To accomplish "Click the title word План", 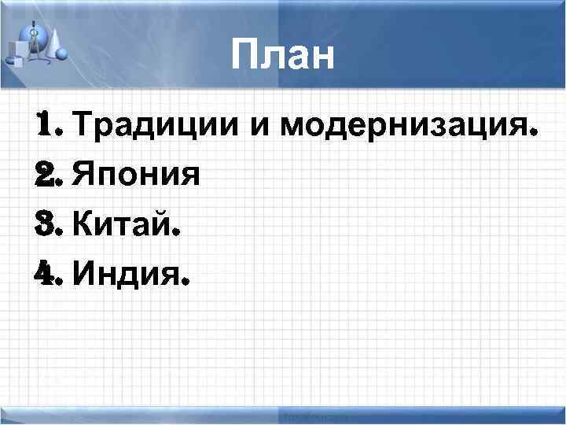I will tap(284, 56).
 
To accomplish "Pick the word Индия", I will tap(125, 275).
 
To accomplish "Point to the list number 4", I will tap(45, 275).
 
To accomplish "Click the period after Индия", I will tap(186, 283).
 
